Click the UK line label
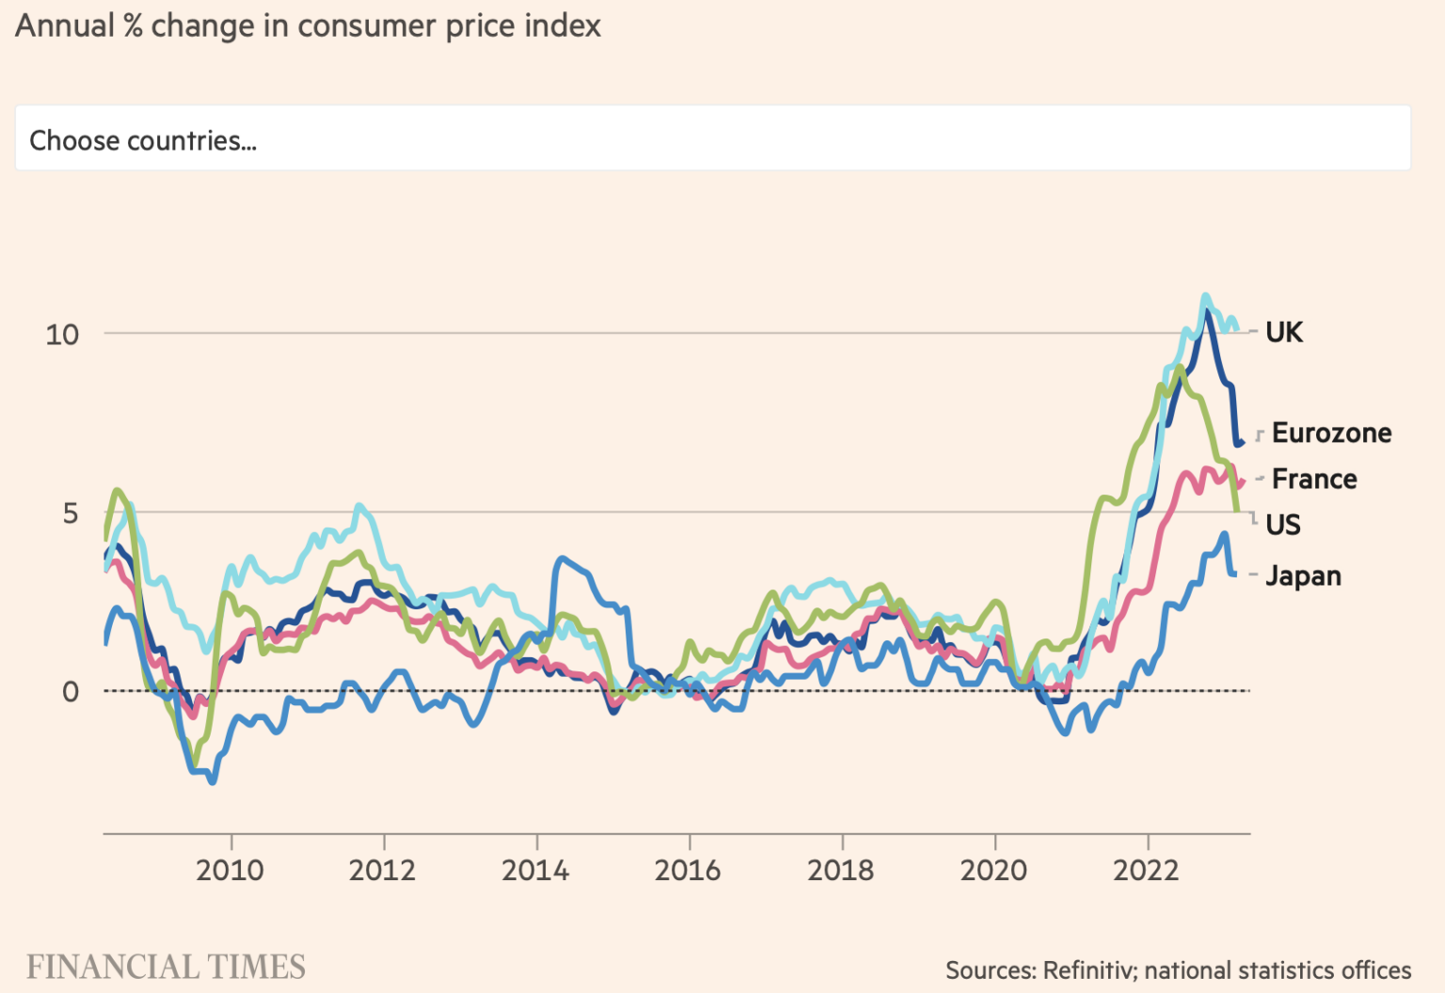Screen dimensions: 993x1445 [1284, 332]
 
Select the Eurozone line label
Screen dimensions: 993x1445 [1331, 433]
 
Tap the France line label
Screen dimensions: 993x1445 [1314, 479]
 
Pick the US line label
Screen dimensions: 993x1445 [1283, 525]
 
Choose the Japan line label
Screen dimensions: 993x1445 [1303, 575]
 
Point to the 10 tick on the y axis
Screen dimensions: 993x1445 [62, 334]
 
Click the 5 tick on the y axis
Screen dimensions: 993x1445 [71, 513]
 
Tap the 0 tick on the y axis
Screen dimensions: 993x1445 [71, 692]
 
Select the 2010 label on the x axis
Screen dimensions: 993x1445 [230, 870]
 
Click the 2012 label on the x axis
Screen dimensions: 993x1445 [383, 870]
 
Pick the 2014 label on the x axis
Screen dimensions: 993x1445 [536, 870]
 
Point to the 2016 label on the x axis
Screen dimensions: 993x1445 [689, 870]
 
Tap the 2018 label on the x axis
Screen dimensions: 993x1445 [841, 870]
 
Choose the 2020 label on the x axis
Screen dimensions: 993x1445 [994, 870]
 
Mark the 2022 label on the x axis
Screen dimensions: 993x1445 [1147, 870]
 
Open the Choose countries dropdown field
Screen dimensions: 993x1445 [712, 139]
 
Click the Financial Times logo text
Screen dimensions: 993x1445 [166, 967]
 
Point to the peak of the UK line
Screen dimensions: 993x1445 [1206, 296]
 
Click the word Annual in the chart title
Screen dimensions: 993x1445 [65, 26]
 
